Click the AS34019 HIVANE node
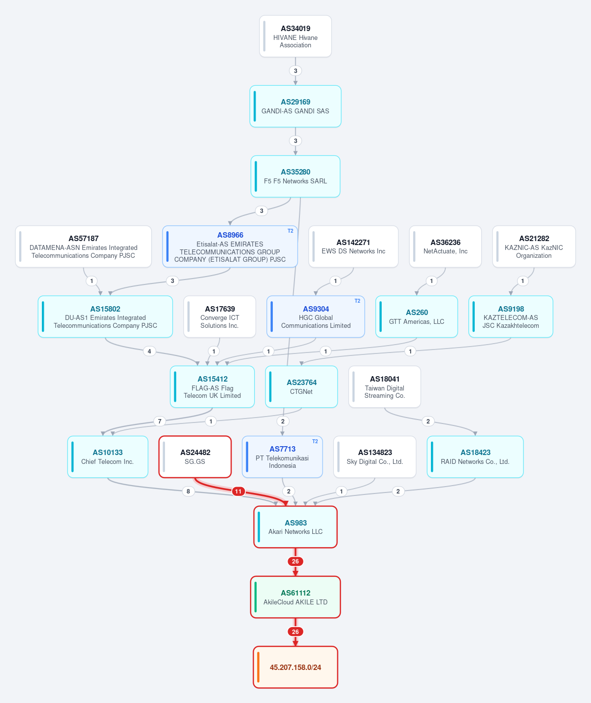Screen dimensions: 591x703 (x=295, y=36)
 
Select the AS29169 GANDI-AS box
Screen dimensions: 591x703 (x=295, y=106)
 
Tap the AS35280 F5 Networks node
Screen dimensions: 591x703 (x=295, y=176)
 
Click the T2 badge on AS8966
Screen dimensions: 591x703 (x=290, y=231)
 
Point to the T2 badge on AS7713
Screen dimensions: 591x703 (x=315, y=441)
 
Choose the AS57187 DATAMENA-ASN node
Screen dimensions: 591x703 (x=83, y=246)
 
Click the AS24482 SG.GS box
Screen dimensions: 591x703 (x=195, y=457)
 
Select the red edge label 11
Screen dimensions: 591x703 (x=238, y=491)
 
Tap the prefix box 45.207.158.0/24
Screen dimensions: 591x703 (x=295, y=668)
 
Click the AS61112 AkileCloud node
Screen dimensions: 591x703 (x=295, y=598)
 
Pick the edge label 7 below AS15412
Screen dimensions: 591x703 (x=160, y=421)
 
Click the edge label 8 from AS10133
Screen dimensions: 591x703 (x=188, y=491)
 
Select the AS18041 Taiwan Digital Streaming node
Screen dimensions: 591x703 (x=385, y=387)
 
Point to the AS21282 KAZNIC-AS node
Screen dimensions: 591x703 (x=534, y=246)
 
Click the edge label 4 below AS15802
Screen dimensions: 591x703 (x=149, y=351)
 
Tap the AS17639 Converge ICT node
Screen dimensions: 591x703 (x=220, y=316)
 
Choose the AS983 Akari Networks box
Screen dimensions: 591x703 (x=295, y=527)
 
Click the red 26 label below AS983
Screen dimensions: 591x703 (x=295, y=561)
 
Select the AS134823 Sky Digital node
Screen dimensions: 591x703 (x=375, y=457)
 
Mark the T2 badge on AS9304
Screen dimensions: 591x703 (x=357, y=301)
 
